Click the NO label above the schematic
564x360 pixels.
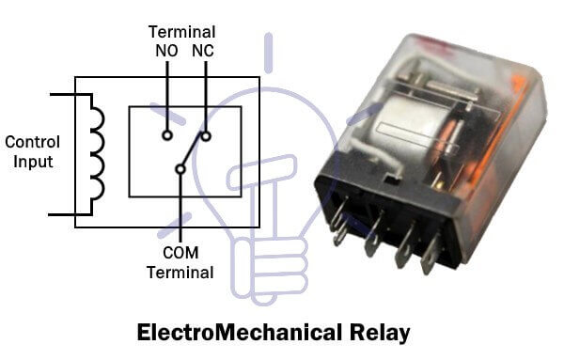pyautogui.click(x=168, y=51)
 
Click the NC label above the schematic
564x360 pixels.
pyautogui.click(x=203, y=51)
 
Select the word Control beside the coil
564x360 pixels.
pyautogui.click(x=33, y=143)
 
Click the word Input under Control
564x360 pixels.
pyautogui.click(x=33, y=162)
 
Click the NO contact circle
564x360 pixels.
pyautogui.click(x=167, y=135)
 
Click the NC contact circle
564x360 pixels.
pyautogui.click(x=206, y=135)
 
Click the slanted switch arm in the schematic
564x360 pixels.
pyautogui.click(x=194, y=153)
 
